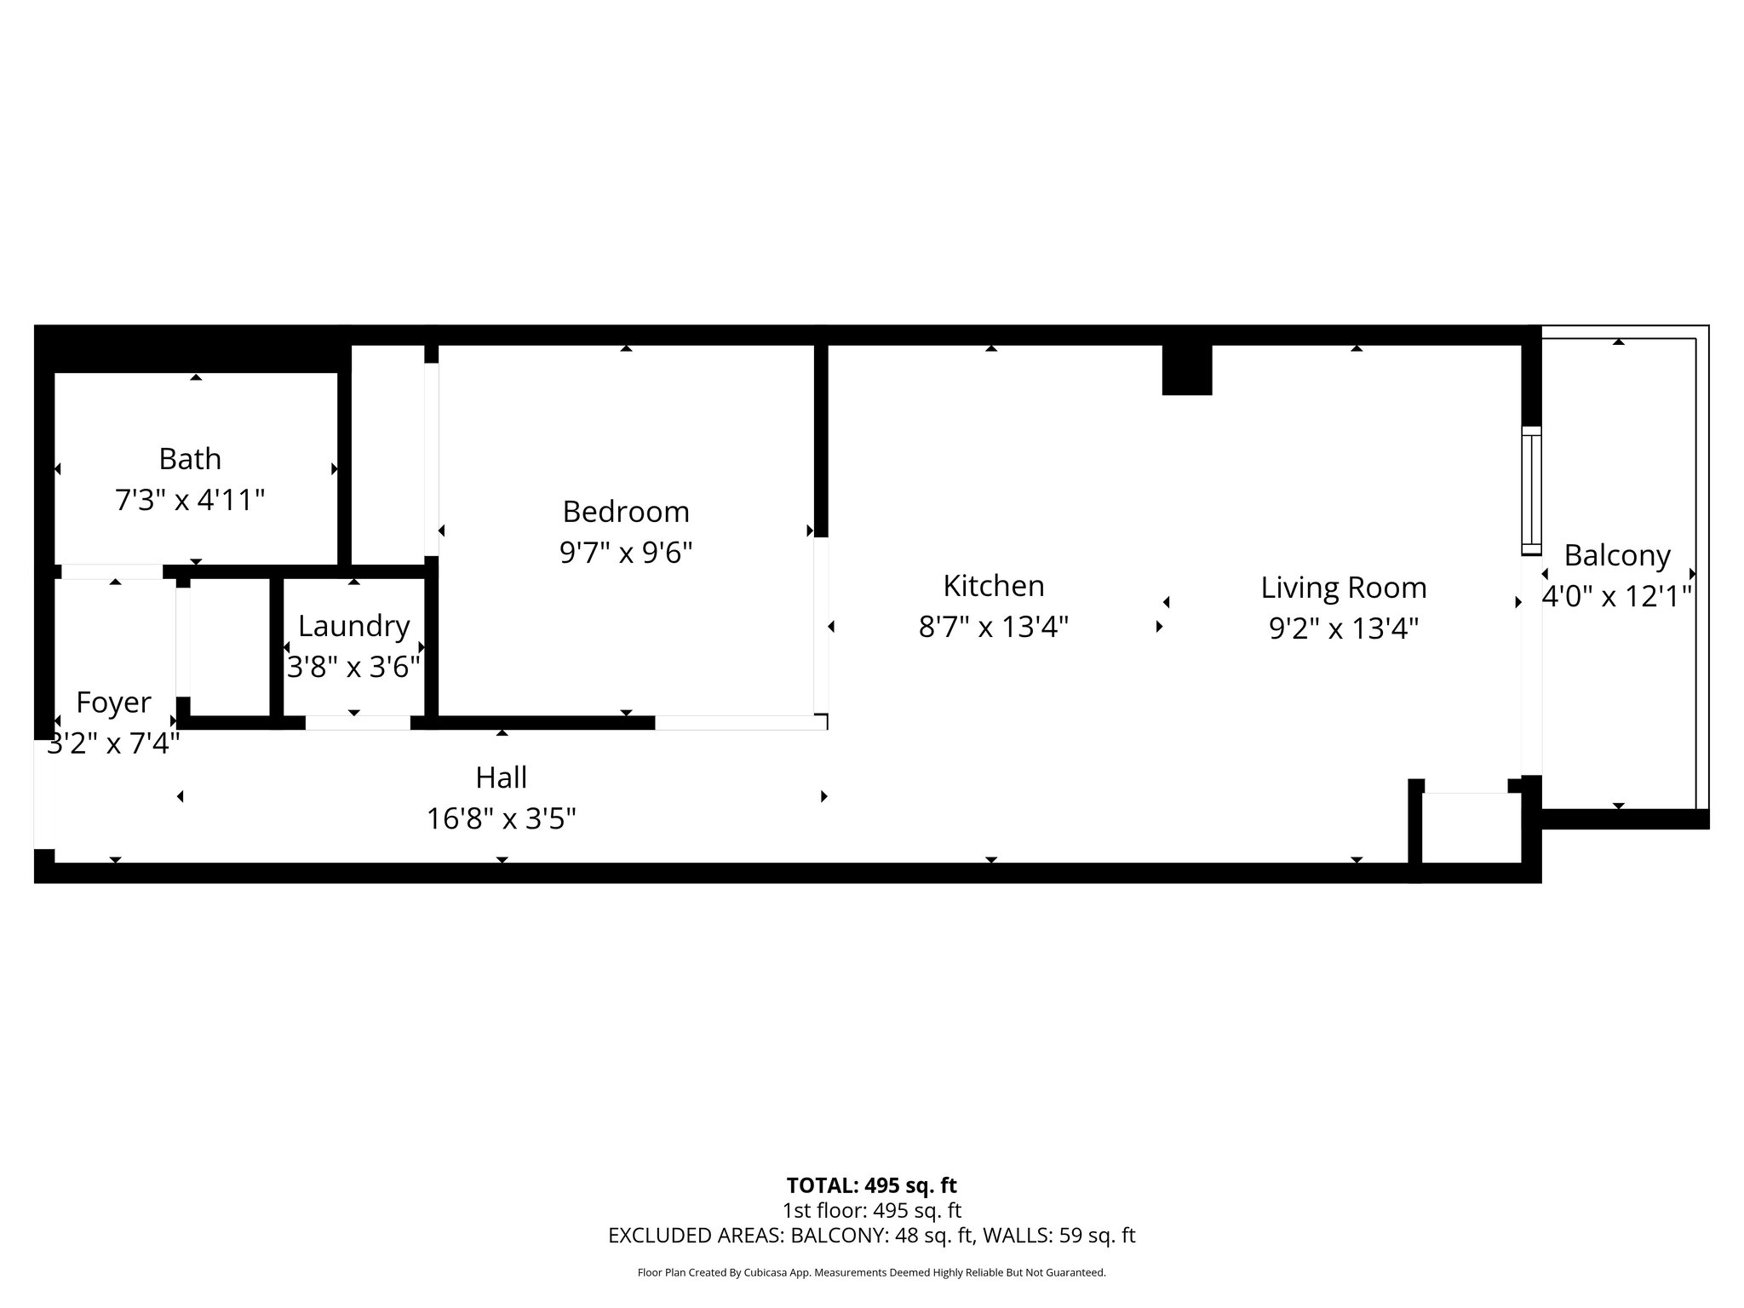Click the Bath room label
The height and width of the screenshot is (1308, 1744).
[x=190, y=459]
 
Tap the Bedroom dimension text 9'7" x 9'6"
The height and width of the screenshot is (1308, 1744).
[x=626, y=553]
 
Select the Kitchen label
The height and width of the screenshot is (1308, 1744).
[x=994, y=586]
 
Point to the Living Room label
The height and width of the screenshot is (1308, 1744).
[x=1344, y=588]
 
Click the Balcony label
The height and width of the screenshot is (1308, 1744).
[x=1617, y=555]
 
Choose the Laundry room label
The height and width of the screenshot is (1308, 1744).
[x=354, y=627]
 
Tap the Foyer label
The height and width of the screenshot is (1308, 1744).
[x=113, y=703]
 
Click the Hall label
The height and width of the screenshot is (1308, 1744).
[x=502, y=777]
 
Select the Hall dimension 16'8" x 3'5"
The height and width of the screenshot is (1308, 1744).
[x=502, y=819]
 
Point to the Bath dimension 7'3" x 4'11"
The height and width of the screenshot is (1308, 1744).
[x=190, y=500]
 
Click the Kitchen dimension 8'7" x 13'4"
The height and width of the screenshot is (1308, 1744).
[x=994, y=628]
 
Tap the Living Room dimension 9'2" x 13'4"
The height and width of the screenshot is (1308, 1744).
[x=1344, y=629]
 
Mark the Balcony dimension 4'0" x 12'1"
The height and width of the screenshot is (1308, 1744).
[x=1617, y=596]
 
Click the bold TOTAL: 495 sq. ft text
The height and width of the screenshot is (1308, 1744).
[x=871, y=1185]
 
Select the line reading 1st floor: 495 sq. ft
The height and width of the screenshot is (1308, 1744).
[x=871, y=1210]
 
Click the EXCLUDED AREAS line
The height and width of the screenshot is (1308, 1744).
[x=871, y=1236]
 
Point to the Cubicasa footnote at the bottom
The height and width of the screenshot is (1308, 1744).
[x=871, y=1273]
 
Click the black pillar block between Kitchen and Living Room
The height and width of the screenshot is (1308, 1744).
[x=1187, y=370]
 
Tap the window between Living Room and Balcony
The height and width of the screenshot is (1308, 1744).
[x=1532, y=490]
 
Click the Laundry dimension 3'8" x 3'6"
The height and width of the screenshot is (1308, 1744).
[x=354, y=667]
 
